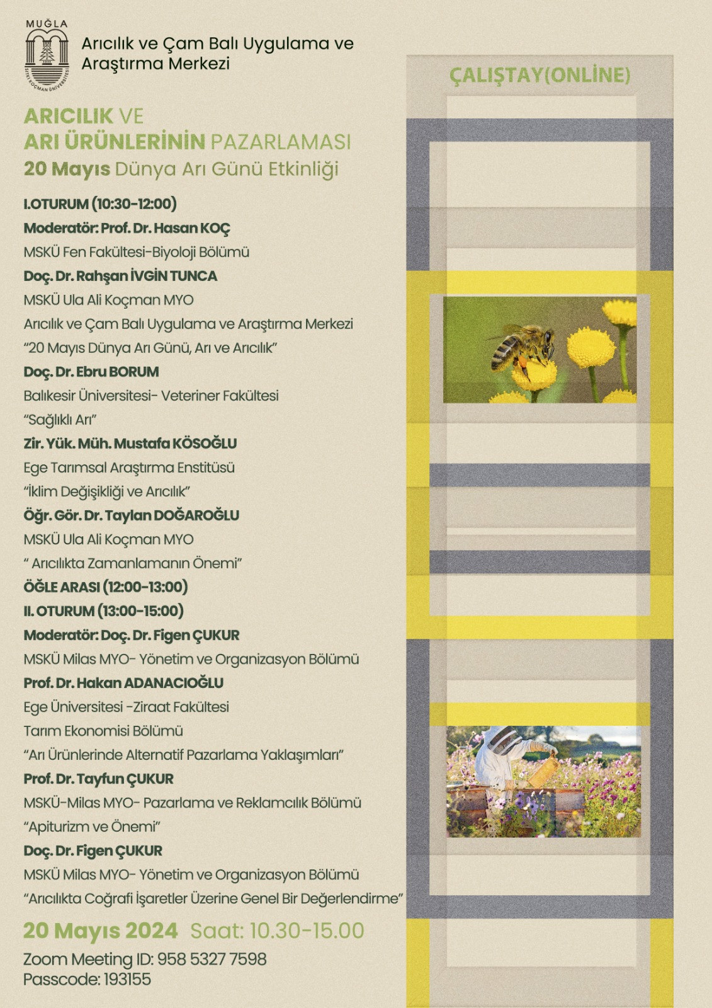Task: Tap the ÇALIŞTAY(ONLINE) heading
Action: click(540, 76)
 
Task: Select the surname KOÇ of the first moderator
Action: click(215, 228)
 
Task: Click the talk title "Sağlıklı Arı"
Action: click(60, 420)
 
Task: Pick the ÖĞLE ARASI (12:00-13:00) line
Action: click(106, 587)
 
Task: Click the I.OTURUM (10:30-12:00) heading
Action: click(100, 204)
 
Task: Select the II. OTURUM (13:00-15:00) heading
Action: click(104, 611)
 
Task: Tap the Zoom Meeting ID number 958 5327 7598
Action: click(212, 959)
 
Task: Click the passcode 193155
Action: click(127, 980)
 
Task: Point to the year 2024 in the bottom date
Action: click(151, 931)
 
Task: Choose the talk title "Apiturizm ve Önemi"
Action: click(92, 827)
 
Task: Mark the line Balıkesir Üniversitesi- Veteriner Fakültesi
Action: click(151, 396)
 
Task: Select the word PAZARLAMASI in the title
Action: click(280, 142)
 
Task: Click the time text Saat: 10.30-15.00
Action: click(277, 931)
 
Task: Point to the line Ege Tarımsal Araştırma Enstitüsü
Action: click(129, 467)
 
